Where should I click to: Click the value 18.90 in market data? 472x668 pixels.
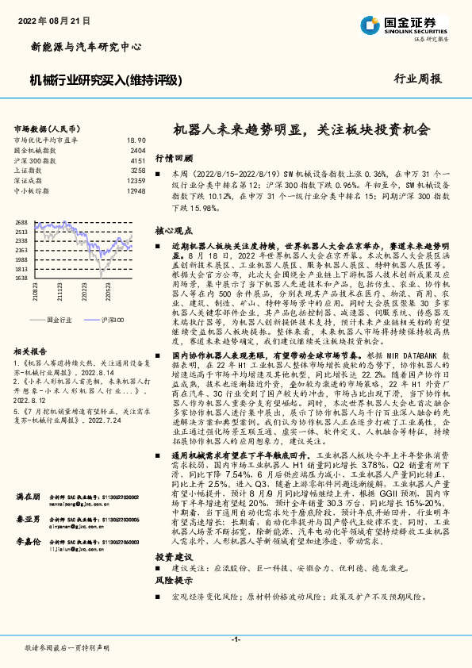[x=136, y=140]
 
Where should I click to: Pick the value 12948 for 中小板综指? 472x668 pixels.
[x=136, y=191]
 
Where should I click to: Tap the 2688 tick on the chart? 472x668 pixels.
[x=21, y=223]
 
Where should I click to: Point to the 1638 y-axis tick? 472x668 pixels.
[x=21, y=278]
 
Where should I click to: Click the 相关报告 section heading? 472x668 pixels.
[x=33, y=350]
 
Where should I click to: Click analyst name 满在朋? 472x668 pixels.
[x=28, y=474]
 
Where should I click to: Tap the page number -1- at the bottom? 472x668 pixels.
[x=236, y=639]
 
